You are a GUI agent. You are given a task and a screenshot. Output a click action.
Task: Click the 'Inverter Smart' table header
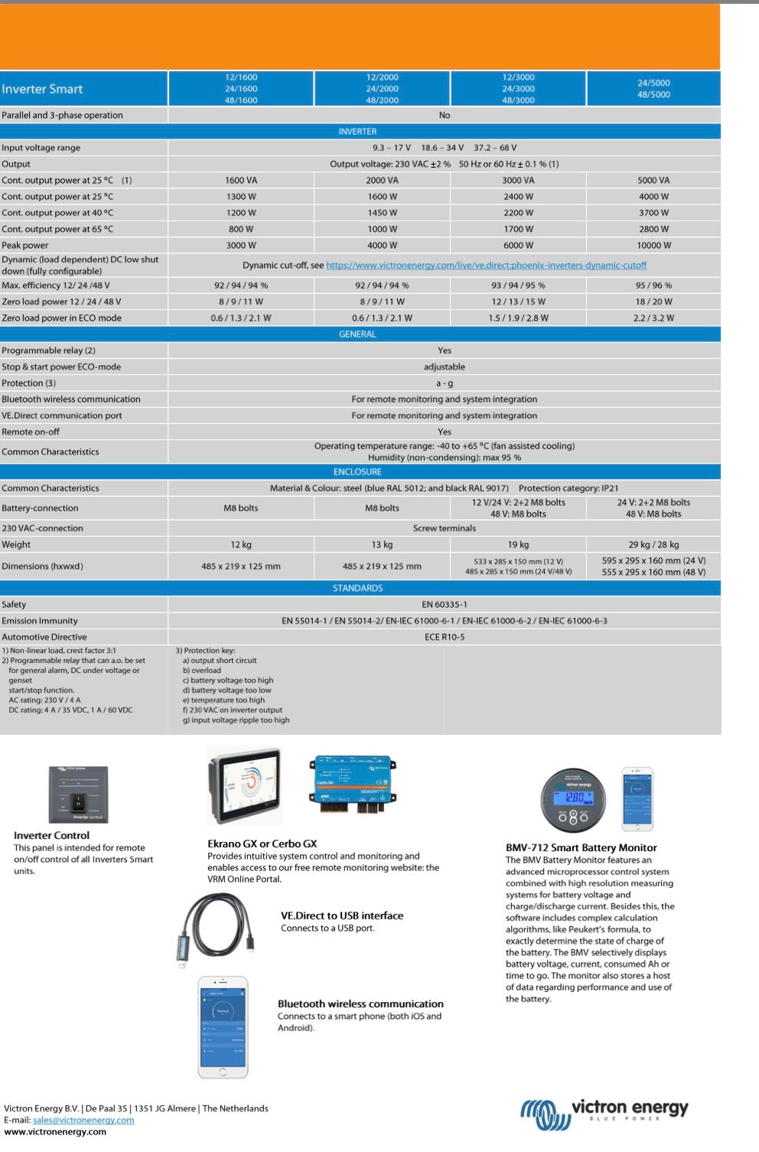click(42, 89)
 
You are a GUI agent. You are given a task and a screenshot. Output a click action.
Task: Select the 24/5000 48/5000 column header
click(653, 89)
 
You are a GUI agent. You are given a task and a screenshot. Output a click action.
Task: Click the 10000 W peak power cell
click(653, 246)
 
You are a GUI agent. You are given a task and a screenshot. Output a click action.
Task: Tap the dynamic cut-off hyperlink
click(486, 266)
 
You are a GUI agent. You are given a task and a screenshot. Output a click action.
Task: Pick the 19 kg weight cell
click(518, 545)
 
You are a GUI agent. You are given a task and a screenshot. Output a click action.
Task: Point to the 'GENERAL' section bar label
click(357, 335)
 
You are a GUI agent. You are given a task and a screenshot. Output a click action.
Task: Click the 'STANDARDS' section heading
click(357, 589)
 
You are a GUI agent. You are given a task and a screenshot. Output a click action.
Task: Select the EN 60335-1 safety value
click(444, 605)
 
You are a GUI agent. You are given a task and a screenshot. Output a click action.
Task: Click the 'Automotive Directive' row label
click(44, 637)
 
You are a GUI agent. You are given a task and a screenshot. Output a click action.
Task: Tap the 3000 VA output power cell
click(518, 181)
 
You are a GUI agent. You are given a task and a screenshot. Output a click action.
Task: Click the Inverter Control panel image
click(78, 795)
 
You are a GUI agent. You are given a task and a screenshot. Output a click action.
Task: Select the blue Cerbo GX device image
click(353, 783)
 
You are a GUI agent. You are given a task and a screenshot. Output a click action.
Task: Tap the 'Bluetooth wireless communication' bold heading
click(360, 1004)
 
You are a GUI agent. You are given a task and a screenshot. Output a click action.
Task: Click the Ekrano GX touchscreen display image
click(245, 786)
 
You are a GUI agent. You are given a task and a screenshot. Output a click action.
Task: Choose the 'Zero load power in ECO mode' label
click(61, 318)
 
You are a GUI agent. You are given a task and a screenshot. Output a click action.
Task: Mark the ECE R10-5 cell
click(444, 637)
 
